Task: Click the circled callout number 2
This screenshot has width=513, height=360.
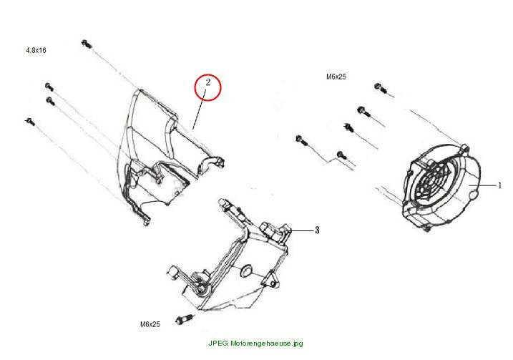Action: pos(208,82)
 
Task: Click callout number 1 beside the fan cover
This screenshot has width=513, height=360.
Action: pos(499,185)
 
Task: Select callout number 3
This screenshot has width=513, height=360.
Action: pos(317,230)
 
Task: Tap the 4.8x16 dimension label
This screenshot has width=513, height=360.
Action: pos(36,50)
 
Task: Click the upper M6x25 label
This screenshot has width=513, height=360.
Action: pos(336,77)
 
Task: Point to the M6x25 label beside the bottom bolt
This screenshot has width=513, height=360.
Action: pos(150,324)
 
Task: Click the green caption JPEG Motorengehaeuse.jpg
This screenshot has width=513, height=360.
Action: pos(256,344)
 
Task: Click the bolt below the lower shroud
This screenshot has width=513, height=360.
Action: pos(185,318)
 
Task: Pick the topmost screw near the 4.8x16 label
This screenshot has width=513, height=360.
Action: pos(87,44)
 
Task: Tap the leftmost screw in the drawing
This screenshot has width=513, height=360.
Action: pos(30,122)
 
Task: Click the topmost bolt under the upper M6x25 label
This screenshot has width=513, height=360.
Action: pos(381,88)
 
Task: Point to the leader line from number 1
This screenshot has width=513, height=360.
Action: pos(482,185)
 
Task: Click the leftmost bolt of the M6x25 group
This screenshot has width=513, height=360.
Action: pos(302,140)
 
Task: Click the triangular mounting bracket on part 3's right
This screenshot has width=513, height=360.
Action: pos(271,280)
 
